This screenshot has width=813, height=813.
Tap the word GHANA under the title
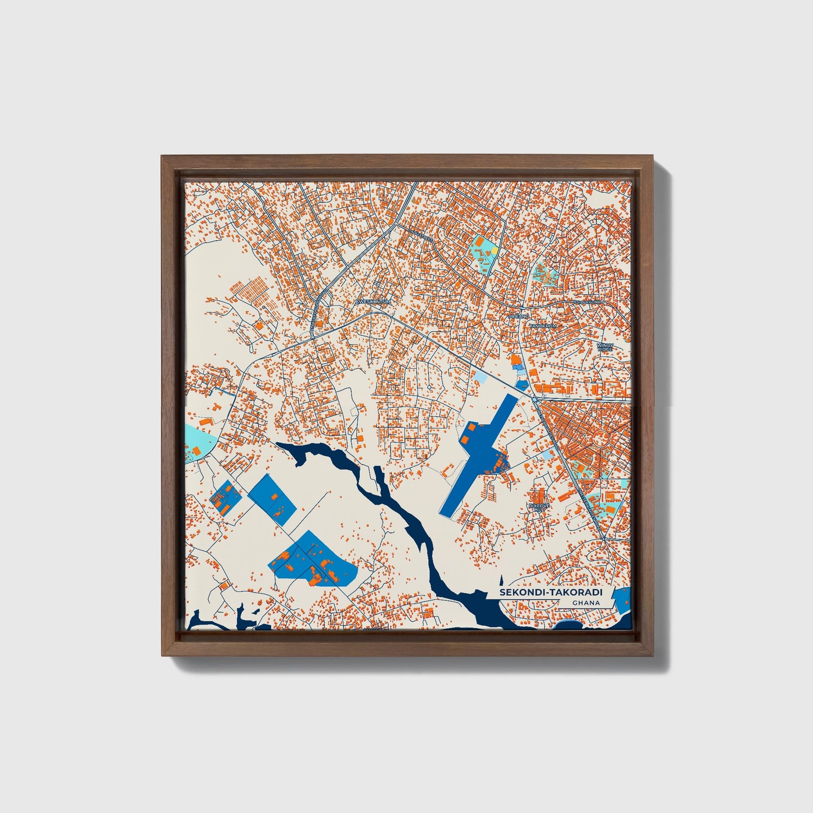click(586, 603)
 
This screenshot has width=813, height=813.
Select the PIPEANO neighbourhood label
click(519, 317)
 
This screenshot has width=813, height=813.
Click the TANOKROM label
click(543, 326)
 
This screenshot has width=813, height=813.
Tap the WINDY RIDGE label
click(605, 347)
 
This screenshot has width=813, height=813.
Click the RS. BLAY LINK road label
click(587, 302)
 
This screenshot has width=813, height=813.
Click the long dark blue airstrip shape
click(478, 456)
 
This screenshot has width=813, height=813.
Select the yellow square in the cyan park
click(494, 249)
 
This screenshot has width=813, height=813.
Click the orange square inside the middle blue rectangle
click(274, 497)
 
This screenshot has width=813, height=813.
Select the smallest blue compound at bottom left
click(224, 497)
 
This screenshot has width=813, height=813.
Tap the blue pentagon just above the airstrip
click(522, 385)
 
